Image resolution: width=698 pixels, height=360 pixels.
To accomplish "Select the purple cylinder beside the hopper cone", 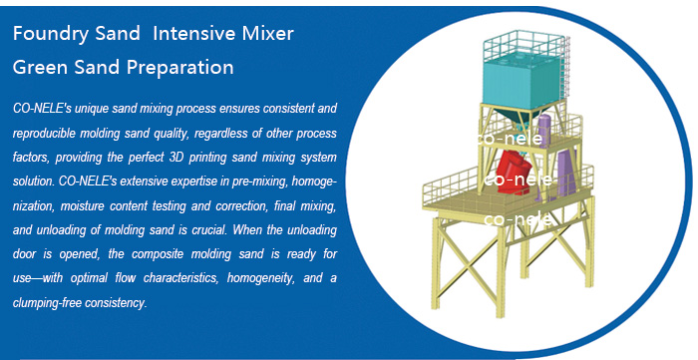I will [544, 129].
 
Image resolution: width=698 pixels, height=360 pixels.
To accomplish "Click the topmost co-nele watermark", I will [511, 140].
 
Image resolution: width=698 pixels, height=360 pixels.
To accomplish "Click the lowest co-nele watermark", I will [517, 218].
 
